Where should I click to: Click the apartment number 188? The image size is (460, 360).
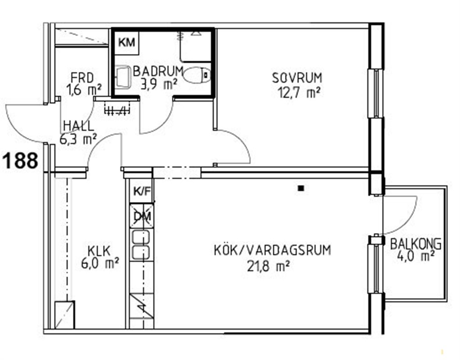[x=20, y=161]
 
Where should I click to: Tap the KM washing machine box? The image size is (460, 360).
[x=126, y=43]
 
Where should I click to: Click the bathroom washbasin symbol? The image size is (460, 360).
[x=123, y=77]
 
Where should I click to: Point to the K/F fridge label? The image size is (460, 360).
[x=142, y=192]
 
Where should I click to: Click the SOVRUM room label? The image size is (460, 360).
[x=297, y=78]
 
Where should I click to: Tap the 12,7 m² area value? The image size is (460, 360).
[x=298, y=93]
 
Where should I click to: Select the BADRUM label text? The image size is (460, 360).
[x=158, y=71]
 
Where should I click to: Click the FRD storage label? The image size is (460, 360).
[x=82, y=78]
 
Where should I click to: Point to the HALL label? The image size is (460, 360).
[x=79, y=126]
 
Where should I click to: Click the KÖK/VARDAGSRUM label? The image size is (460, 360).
[x=273, y=250]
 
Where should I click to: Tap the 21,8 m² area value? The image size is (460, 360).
[x=268, y=266]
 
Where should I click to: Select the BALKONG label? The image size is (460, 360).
[x=415, y=244]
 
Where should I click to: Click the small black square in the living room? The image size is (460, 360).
[x=300, y=189]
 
